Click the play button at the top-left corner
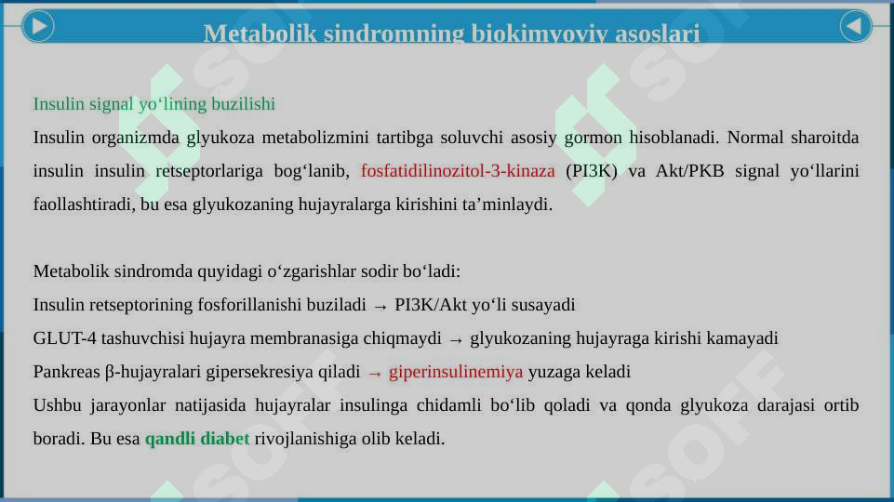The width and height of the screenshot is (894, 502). tap(36, 26)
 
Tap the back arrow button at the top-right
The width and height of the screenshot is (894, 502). tap(856, 26)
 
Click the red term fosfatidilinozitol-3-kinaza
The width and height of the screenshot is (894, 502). tap(457, 171)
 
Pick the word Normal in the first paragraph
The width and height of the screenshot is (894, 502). tap(754, 138)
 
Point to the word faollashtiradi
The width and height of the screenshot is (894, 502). tap(82, 205)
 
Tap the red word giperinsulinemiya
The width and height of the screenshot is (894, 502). tap(456, 372)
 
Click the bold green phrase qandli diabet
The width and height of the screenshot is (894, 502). tap(196, 439)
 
